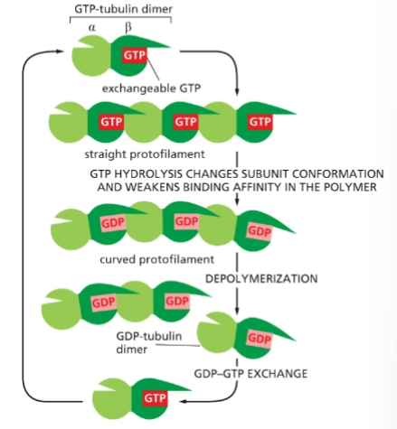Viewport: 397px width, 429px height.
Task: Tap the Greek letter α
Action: (92, 28)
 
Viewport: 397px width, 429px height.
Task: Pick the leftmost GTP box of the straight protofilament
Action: (111, 120)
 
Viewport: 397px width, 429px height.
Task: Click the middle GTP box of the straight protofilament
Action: (184, 120)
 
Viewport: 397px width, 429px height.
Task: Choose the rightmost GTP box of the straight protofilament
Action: (259, 120)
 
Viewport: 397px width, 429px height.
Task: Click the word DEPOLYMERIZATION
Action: (262, 278)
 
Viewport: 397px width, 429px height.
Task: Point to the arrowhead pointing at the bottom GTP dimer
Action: (183, 399)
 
